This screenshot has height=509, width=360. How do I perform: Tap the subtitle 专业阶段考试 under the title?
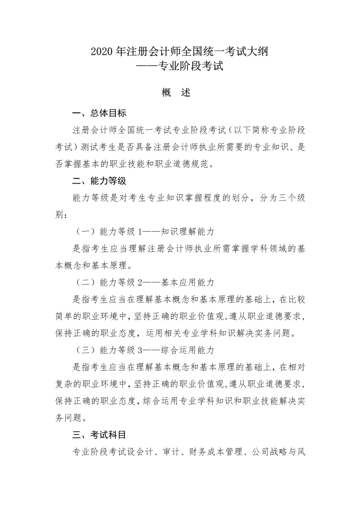tap(191, 66)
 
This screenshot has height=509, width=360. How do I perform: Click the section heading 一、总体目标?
tap(99, 113)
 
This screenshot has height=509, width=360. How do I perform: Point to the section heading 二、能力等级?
tap(99, 181)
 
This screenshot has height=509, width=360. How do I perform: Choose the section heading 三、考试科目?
tap(99, 435)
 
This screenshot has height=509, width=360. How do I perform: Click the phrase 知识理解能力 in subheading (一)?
tap(187, 232)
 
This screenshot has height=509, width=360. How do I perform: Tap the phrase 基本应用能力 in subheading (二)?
tap(187, 282)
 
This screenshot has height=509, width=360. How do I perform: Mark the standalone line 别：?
tap(61, 215)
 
